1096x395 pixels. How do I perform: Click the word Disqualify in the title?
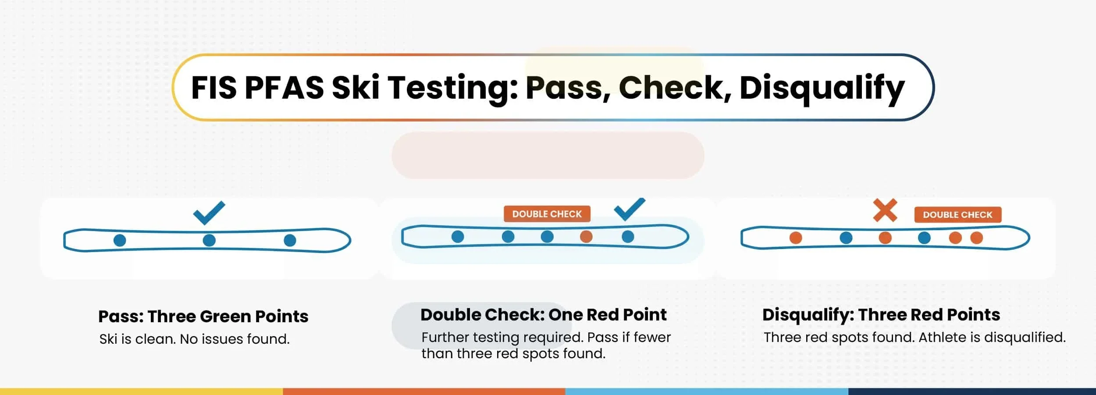click(x=822, y=88)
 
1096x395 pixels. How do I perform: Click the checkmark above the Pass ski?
click(x=209, y=213)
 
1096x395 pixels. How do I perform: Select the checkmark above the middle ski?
click(x=630, y=209)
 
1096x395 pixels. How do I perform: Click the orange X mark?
click(x=885, y=210)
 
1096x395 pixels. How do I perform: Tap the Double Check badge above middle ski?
click(x=547, y=214)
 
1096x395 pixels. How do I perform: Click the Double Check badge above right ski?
click(x=957, y=215)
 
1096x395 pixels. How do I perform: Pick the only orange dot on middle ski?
click(x=586, y=237)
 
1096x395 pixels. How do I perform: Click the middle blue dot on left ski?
click(x=209, y=240)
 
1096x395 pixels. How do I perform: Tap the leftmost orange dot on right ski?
click(x=796, y=238)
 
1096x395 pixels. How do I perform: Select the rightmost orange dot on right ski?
click(x=976, y=238)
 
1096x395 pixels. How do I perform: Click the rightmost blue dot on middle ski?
click(x=628, y=237)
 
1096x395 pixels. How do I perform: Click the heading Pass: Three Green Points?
click(x=203, y=316)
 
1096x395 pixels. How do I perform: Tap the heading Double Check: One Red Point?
click(x=543, y=315)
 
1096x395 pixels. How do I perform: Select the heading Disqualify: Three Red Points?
click(x=881, y=315)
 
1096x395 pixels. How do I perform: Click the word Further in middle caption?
click(x=445, y=338)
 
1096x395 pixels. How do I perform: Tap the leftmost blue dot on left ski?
click(x=120, y=240)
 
